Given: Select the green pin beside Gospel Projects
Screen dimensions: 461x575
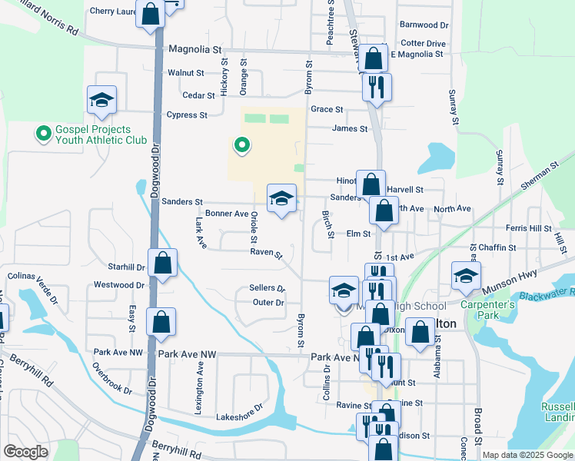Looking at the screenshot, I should coord(44,134).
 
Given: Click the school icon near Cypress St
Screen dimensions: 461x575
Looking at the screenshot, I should coord(101,100).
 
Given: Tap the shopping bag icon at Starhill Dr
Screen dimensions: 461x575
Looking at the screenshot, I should coord(162,264).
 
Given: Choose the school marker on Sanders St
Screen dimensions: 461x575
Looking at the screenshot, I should coord(282,200).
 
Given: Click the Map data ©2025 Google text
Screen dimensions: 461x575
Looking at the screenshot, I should coord(527,455).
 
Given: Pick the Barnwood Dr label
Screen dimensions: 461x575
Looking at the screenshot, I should coord(424,25).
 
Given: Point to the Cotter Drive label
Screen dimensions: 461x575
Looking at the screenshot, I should coord(423,44).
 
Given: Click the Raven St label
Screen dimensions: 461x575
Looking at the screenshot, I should coord(266,252).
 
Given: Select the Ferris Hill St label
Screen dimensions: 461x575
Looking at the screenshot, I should coord(528,228).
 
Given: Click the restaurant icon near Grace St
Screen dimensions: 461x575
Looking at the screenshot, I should coord(376,88).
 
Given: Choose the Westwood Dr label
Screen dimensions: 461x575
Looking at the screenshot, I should coord(119,285).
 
